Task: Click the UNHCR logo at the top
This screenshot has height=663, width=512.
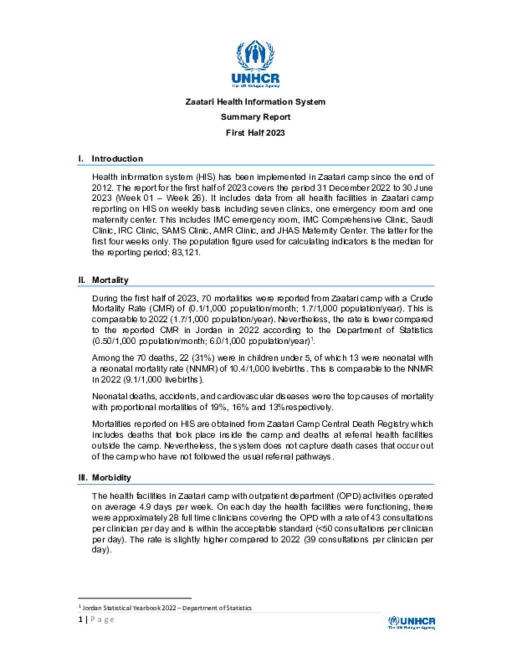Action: point(255,64)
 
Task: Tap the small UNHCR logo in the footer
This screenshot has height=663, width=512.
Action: point(411,622)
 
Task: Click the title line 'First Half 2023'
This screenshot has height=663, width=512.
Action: point(255,133)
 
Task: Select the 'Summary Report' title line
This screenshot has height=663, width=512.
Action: point(255,117)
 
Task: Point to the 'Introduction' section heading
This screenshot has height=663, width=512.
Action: point(117,159)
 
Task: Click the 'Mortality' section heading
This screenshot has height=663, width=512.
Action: point(110,280)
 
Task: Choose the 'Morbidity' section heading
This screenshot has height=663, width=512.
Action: point(111,477)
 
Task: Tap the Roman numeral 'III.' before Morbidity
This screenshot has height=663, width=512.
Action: point(82,477)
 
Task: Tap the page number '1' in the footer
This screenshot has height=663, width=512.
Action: point(80,619)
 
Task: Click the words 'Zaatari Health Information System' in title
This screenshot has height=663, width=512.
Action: point(255,102)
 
